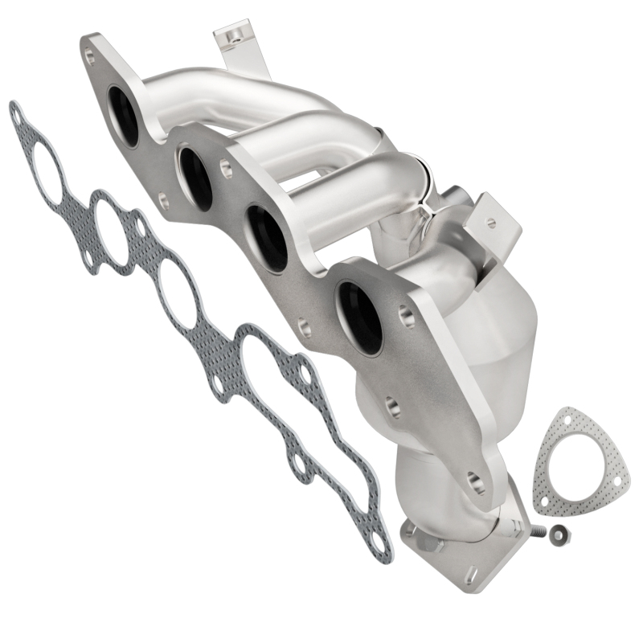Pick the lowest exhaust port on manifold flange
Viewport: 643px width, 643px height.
click(x=359, y=318)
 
